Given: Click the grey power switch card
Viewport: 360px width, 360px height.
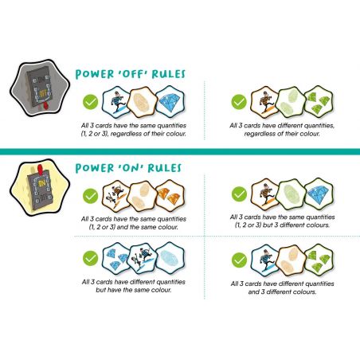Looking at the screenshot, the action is [40, 88].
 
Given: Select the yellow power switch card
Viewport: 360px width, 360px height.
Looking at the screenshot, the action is [40, 187].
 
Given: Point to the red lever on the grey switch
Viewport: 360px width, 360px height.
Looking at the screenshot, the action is [45, 106].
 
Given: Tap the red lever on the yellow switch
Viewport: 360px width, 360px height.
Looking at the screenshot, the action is [41, 168].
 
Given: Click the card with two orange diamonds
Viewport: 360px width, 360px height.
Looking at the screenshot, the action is [170, 196].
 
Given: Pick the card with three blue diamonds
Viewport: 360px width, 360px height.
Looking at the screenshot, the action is [116, 257].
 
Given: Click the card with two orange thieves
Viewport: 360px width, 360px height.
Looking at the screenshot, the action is [116, 196].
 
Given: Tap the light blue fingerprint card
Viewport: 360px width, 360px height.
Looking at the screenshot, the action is [170, 257].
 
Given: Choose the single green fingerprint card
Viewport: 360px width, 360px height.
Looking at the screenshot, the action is [291, 194].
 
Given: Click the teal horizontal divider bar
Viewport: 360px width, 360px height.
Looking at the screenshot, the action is [180, 151].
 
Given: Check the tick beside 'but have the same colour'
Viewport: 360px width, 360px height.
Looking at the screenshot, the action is [90, 258].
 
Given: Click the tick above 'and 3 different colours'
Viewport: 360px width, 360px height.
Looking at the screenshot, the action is [239, 260].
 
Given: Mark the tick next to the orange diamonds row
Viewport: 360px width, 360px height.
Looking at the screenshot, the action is [90, 196].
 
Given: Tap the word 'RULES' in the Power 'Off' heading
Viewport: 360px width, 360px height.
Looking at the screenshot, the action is [168, 74].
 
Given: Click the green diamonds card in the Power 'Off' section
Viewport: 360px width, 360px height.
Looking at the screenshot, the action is [319, 101].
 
